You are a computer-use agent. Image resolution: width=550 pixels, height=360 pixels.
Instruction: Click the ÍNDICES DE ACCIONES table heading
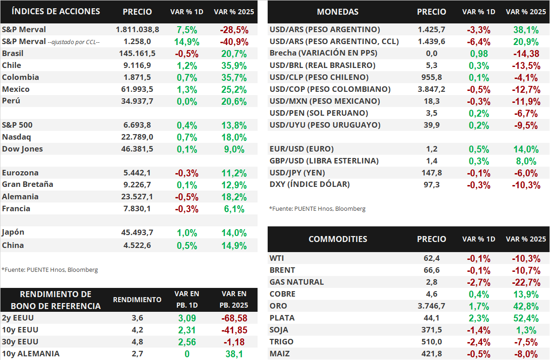tap(56, 11)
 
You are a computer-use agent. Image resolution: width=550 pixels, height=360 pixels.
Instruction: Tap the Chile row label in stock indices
tap(11, 65)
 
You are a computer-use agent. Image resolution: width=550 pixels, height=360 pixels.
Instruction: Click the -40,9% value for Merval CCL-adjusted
tap(234, 42)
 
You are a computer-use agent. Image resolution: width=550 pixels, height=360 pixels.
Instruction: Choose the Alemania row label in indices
tap(20, 197)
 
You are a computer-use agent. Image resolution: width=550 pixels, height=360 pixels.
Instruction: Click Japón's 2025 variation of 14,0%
tap(234, 233)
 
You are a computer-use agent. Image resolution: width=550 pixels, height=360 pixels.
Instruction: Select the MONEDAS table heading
tap(338, 12)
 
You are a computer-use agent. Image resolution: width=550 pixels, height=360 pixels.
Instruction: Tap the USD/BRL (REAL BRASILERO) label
tap(322, 65)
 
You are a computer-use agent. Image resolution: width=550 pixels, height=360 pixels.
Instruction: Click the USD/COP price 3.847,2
tap(432, 89)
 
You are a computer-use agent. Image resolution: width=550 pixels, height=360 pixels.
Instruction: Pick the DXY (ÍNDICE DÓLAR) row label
tap(309, 185)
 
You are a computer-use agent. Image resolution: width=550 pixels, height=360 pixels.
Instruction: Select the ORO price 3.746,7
tap(432, 306)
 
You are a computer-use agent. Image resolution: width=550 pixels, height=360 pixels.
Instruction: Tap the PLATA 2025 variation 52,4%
tap(526, 318)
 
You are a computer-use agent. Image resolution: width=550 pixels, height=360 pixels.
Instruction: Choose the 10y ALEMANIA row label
tap(31, 354)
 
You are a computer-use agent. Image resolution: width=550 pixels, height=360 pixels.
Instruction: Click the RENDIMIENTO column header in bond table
tap(137, 300)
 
